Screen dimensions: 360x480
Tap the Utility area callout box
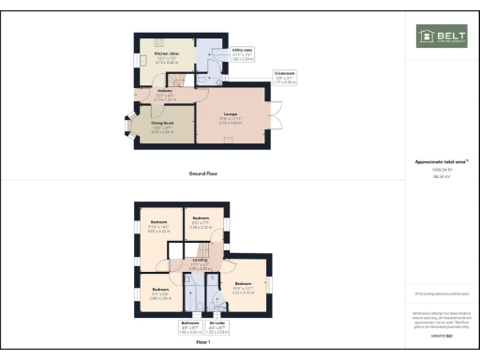[242, 53]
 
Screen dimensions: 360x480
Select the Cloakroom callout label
[285, 77]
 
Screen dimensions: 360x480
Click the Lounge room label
[231, 119]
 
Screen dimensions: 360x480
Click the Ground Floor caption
[204, 174]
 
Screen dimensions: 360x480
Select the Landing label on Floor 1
[200, 264]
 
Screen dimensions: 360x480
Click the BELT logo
[442, 37]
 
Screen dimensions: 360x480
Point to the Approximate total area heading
[442, 162]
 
